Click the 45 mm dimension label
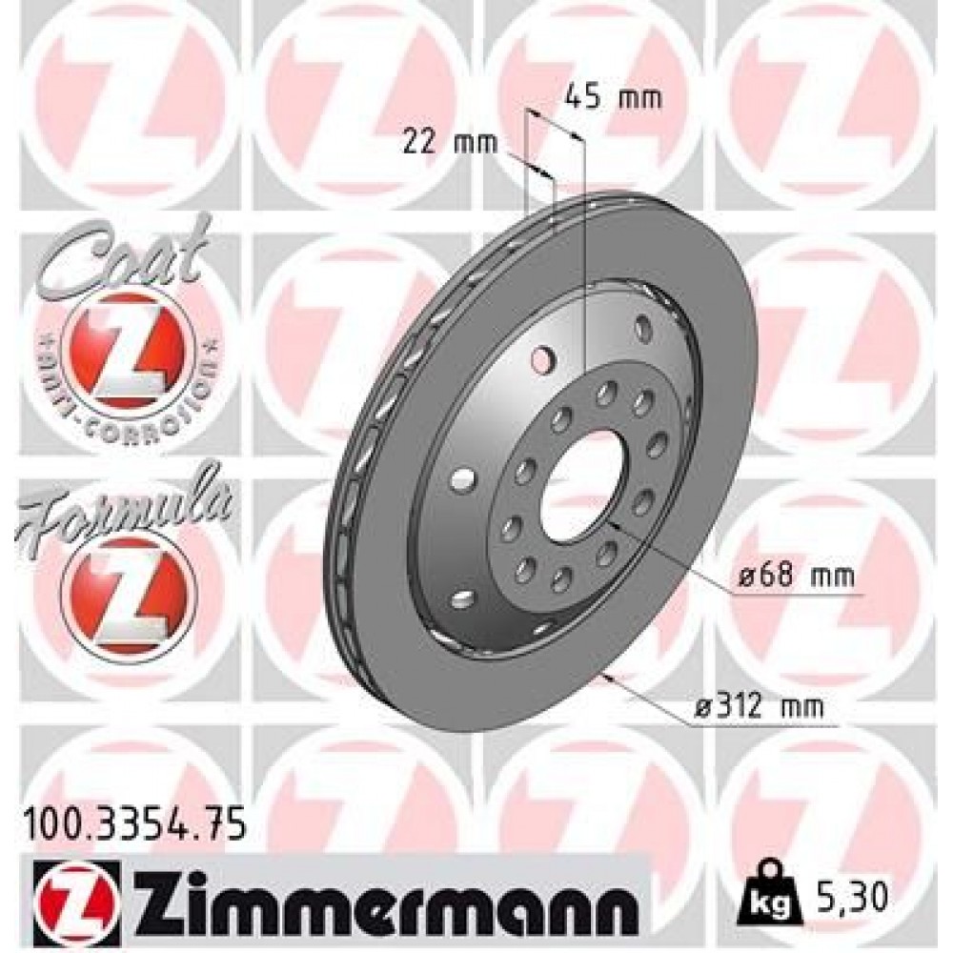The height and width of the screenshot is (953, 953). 611,98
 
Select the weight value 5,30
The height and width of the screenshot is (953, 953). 851,896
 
